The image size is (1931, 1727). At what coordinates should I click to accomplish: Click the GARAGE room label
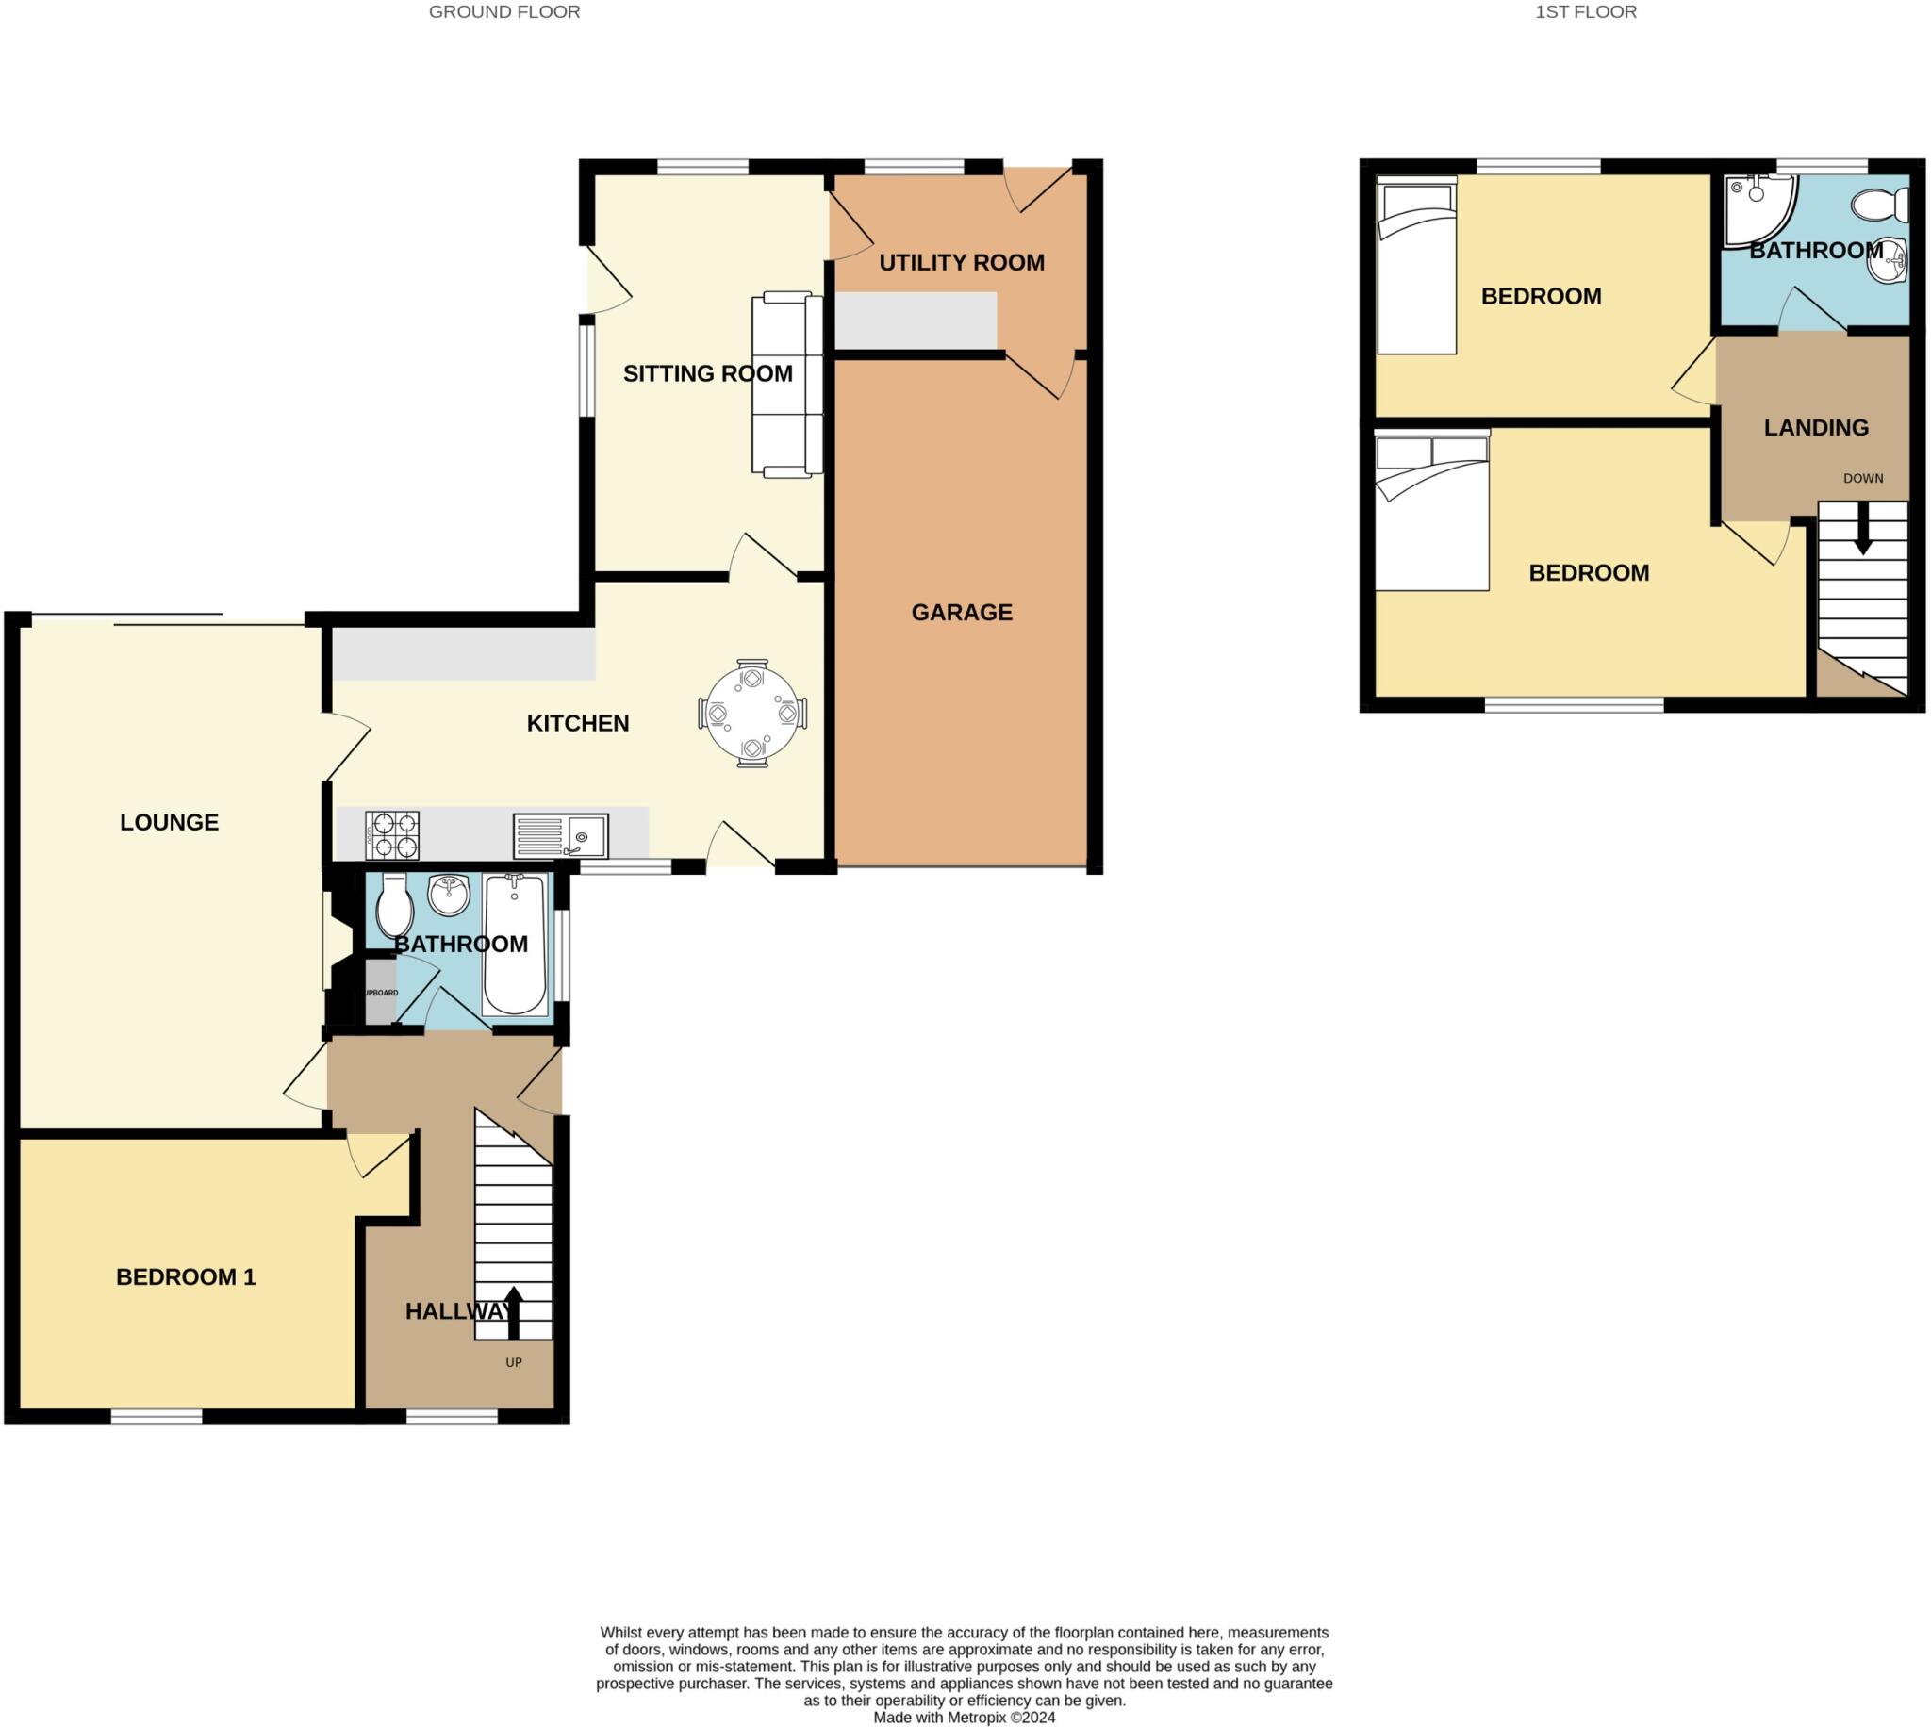pyautogui.click(x=960, y=612)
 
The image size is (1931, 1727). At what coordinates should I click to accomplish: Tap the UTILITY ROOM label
pyautogui.click(x=960, y=263)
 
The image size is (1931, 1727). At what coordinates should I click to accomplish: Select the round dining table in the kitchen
pyautogui.click(x=751, y=714)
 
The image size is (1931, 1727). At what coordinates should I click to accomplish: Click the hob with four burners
pyautogui.click(x=392, y=835)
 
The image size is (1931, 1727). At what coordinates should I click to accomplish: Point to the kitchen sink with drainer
pyautogui.click(x=560, y=836)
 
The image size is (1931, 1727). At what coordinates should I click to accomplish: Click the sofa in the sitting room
pyautogui.click(x=786, y=384)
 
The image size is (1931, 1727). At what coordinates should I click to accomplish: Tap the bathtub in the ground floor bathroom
pyautogui.click(x=514, y=946)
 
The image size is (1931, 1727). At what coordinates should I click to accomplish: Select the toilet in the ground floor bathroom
pyautogui.click(x=394, y=906)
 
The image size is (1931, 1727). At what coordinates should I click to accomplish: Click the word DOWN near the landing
pyautogui.click(x=1862, y=478)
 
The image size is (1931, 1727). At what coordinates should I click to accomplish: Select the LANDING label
pyautogui.click(x=1815, y=428)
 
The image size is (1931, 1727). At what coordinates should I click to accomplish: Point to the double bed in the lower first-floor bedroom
pyautogui.click(x=1431, y=514)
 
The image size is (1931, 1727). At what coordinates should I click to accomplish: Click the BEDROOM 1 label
pyautogui.click(x=186, y=1277)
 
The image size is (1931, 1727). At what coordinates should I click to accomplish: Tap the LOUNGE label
pyautogui.click(x=169, y=823)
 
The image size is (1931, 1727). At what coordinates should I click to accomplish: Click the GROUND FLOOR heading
pyautogui.click(x=503, y=12)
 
